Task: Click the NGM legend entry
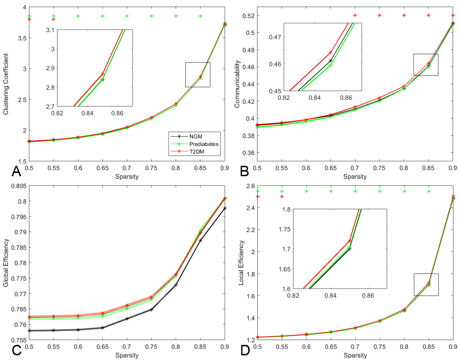pos(196,137)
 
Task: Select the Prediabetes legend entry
pos(204,144)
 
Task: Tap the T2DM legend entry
pos(197,152)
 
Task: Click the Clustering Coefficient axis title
pos(6,84)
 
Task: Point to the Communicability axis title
pos(237,84)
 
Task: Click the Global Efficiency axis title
pos(6,263)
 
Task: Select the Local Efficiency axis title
pos(241,263)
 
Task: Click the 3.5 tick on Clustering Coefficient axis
pos(22,38)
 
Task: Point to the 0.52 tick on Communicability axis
pos(248,16)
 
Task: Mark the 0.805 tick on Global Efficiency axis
pos(19,186)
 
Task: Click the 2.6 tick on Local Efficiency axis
pos(250,186)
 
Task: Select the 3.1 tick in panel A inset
pos(50,30)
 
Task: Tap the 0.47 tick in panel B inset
pos(275,37)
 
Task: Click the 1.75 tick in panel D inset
pos(285,229)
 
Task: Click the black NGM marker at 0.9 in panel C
pos(225,208)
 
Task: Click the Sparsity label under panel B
pos(355,177)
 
